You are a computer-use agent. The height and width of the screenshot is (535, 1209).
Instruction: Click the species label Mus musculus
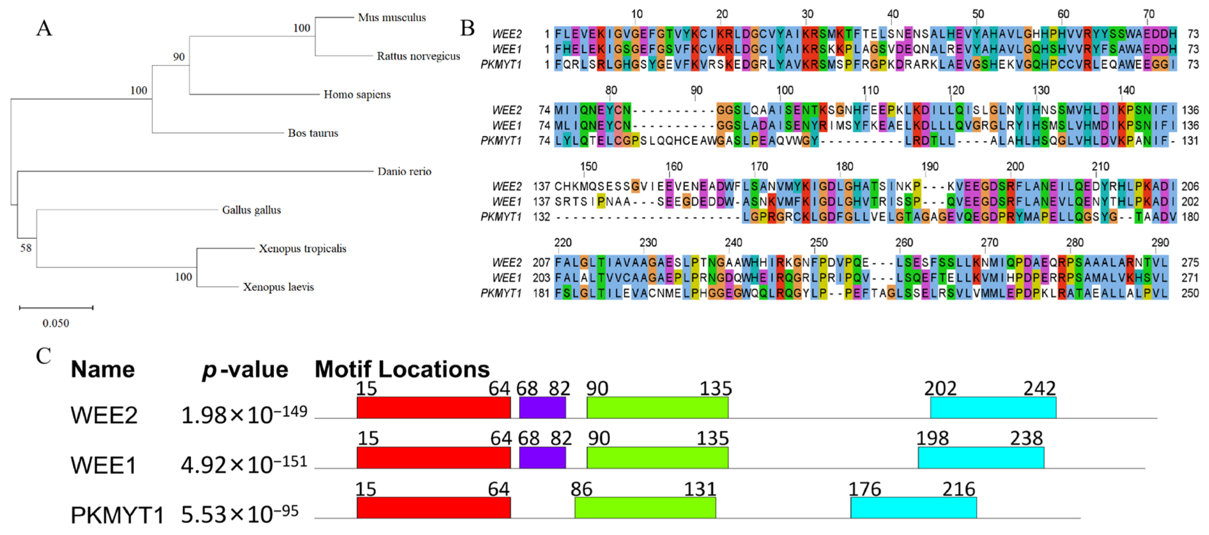click(392, 17)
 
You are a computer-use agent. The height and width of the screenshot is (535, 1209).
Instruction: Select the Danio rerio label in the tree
click(404, 171)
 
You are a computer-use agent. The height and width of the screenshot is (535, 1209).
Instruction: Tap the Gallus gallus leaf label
click(252, 210)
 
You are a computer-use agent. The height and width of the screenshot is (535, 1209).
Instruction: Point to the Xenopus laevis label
click(278, 287)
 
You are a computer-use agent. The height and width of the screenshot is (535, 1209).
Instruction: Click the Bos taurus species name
click(313, 133)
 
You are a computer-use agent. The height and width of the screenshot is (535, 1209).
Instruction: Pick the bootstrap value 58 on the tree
click(26, 248)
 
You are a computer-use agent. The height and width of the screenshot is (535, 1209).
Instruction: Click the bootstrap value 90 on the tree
click(179, 57)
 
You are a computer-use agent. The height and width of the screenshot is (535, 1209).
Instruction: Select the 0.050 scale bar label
click(56, 323)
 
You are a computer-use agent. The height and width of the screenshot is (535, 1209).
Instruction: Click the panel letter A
click(44, 28)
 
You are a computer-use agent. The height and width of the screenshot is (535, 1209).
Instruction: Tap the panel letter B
click(467, 28)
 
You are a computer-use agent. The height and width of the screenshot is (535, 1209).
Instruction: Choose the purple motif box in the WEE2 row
click(543, 407)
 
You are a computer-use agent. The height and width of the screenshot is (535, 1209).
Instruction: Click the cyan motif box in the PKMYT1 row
click(914, 508)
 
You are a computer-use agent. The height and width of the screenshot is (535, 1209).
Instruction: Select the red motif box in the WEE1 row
click(433, 458)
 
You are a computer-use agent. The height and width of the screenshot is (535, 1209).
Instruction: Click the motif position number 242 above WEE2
click(1039, 388)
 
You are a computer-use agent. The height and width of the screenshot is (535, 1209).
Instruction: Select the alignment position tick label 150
click(589, 167)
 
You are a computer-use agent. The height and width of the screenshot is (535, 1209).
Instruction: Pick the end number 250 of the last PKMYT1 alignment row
click(1190, 293)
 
